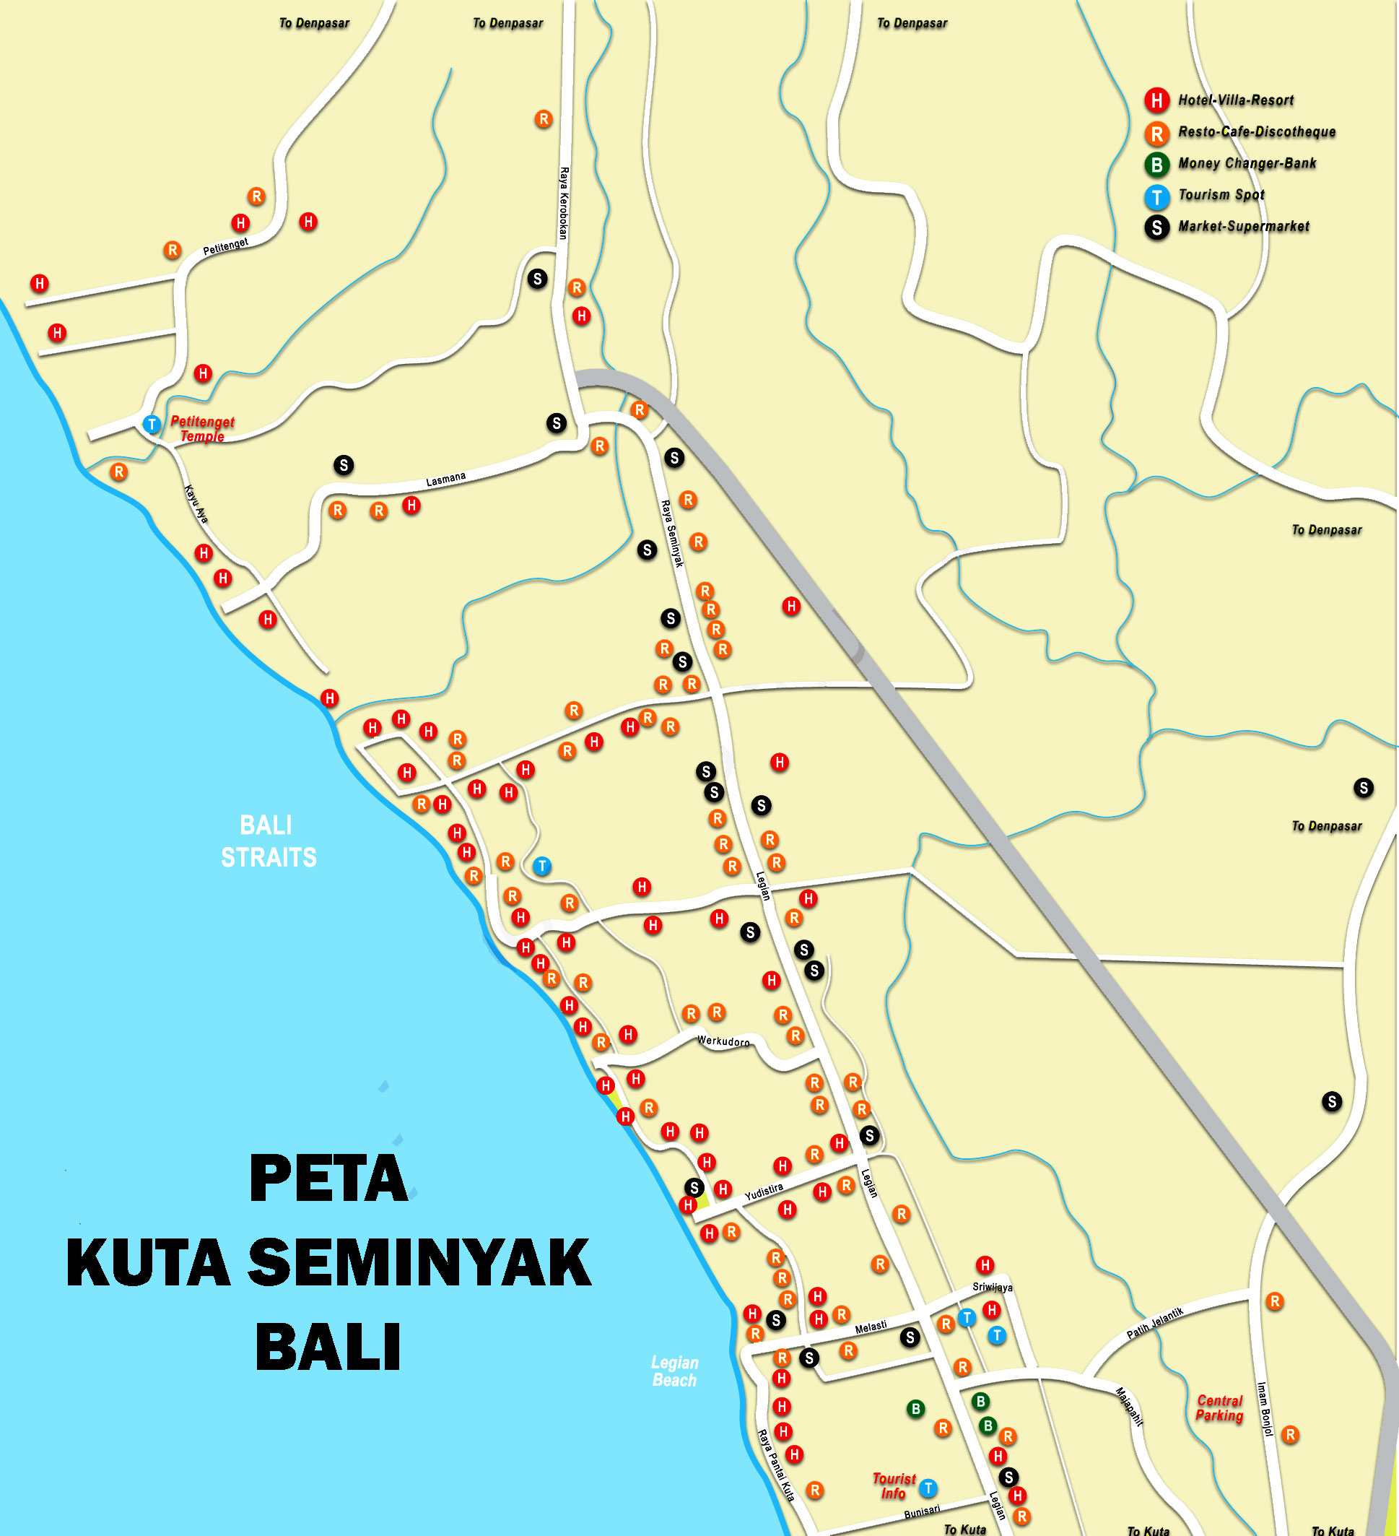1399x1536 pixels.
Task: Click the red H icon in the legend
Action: pos(1156,100)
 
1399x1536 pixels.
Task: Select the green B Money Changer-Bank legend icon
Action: pos(1156,164)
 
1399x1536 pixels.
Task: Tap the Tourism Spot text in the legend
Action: pos(1221,195)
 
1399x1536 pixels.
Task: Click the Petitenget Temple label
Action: pos(202,429)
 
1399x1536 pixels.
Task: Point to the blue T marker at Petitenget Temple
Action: pos(152,425)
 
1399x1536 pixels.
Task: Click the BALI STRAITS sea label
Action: pos(268,841)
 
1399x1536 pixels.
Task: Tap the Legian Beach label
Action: pos(674,1371)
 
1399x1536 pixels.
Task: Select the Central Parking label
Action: pos(1219,1408)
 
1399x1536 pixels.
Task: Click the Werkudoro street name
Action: pos(723,1041)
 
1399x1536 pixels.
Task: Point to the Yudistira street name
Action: pos(763,1192)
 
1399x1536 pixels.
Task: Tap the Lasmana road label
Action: pos(445,480)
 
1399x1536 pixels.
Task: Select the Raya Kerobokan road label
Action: pos(564,204)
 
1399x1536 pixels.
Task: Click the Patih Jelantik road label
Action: pos(1154,1323)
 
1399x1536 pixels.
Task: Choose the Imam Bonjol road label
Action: pos(1264,1409)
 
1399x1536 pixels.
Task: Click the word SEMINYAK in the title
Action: pos(419,1263)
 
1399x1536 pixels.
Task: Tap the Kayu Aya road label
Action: pos(196,503)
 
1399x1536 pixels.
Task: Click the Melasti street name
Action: pos(871,1327)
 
